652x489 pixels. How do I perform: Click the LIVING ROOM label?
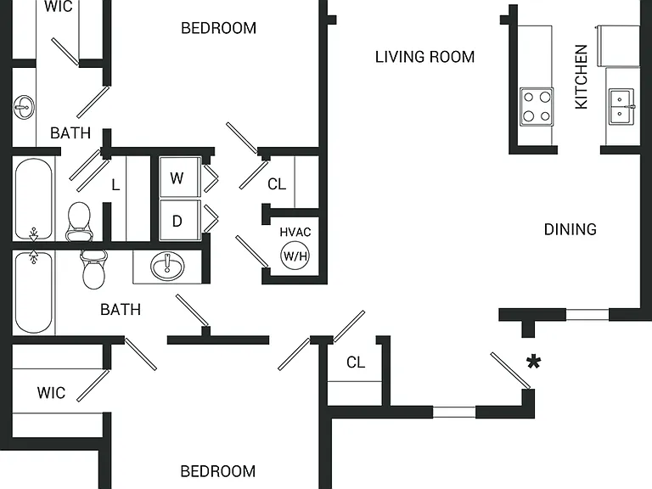(x=424, y=57)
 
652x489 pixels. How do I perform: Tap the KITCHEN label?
(x=582, y=77)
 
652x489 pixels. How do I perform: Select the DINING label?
(x=570, y=229)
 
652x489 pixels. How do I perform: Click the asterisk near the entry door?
(x=533, y=363)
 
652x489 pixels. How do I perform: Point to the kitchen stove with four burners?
(x=537, y=106)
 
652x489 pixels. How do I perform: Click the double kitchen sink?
(x=621, y=106)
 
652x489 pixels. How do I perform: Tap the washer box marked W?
(x=181, y=177)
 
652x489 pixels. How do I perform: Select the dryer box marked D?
(x=181, y=221)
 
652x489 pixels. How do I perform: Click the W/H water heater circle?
(x=295, y=256)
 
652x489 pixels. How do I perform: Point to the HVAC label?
(x=295, y=232)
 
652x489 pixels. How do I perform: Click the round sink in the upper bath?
(x=24, y=107)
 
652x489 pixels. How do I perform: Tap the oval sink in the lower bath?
(x=167, y=266)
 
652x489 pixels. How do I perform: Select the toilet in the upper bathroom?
(x=79, y=222)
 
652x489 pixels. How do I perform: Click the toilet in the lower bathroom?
(x=93, y=269)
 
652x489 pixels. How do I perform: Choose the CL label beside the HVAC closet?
(x=277, y=183)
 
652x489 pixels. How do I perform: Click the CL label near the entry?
(x=356, y=363)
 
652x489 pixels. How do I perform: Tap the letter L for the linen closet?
(x=115, y=184)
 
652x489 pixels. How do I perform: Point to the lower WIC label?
(x=51, y=392)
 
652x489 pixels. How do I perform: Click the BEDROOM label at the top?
(x=218, y=28)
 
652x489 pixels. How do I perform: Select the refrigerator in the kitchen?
(x=618, y=46)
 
